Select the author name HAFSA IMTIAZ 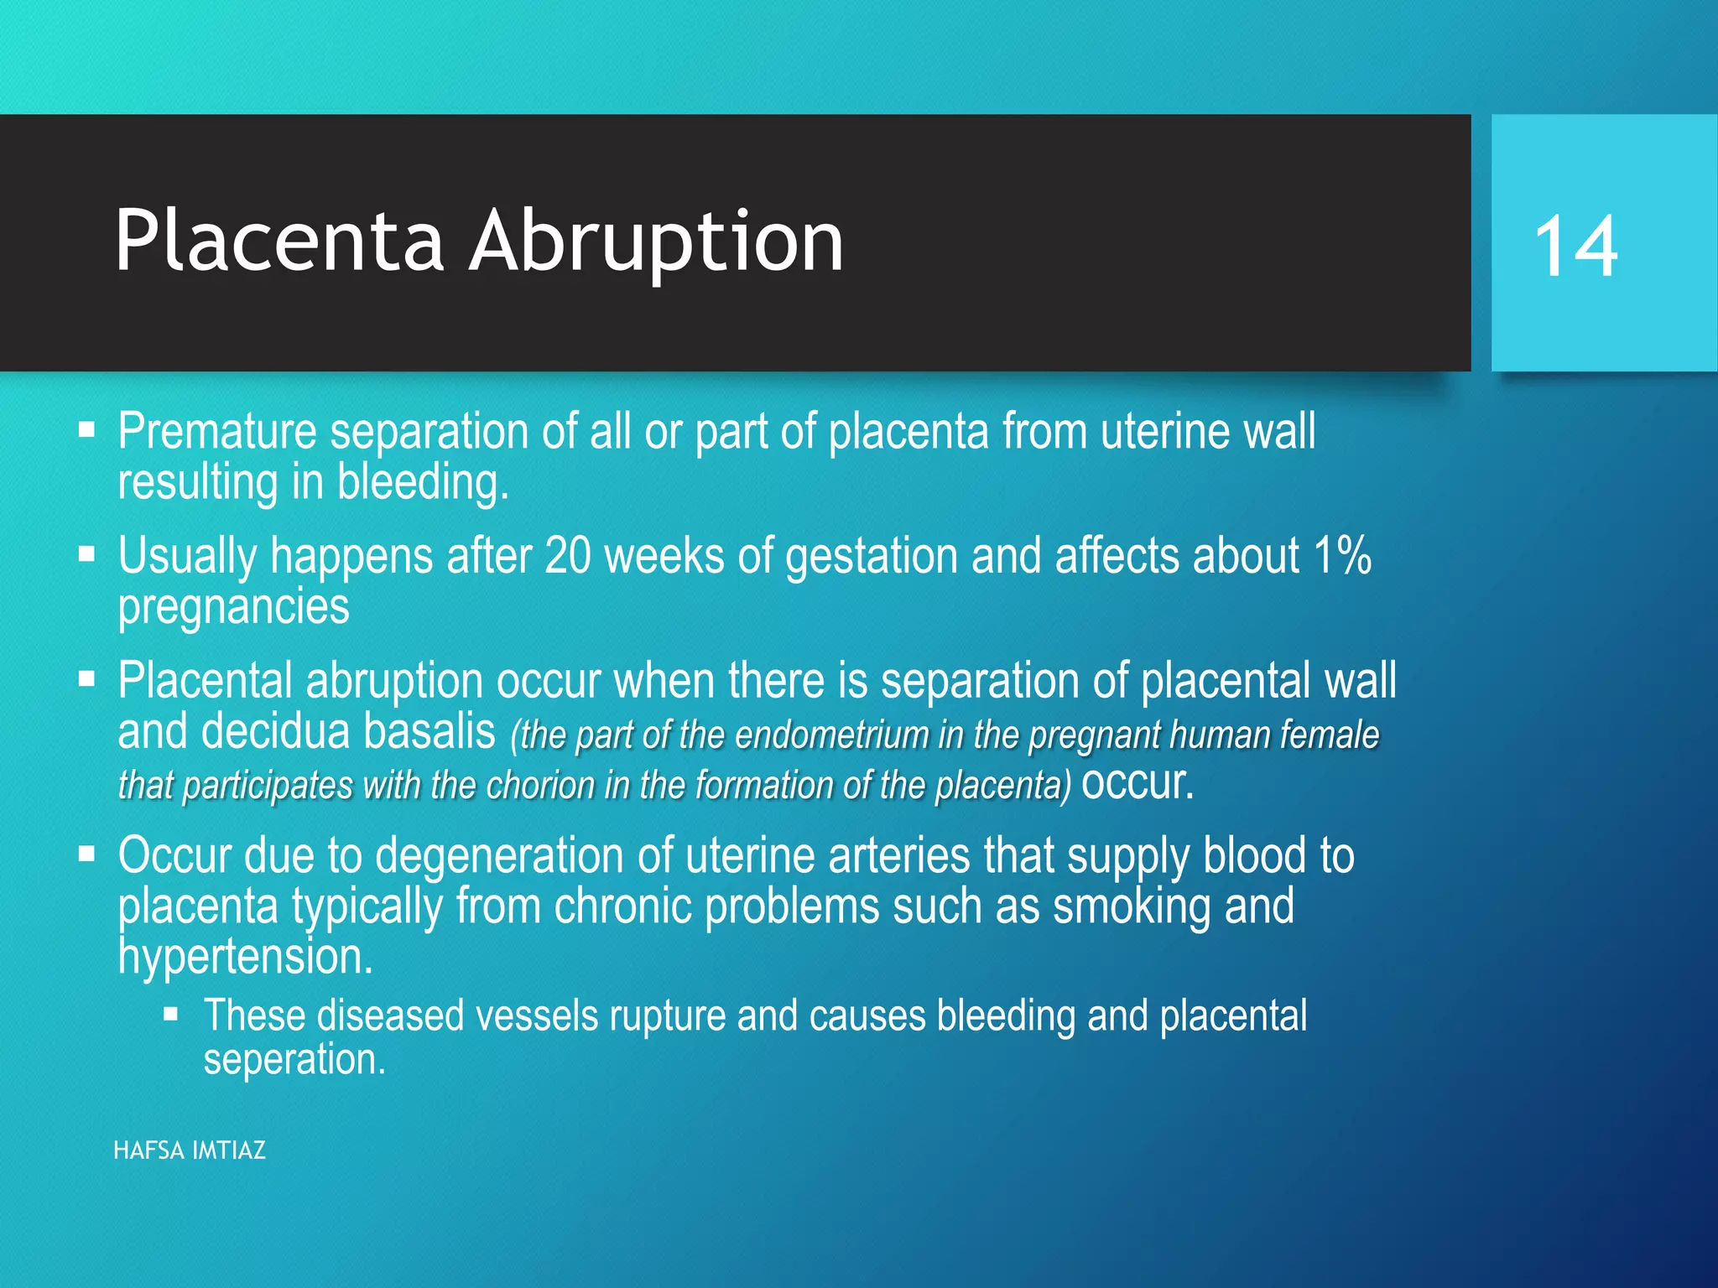tap(190, 1150)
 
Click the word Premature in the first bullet tap(217, 432)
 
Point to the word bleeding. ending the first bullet tap(423, 484)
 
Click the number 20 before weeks tap(568, 556)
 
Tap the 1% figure tap(1342, 556)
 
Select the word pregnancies tap(233, 607)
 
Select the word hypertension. tap(245, 957)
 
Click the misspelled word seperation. tap(294, 1060)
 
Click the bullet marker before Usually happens tap(86, 553)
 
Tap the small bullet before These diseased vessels tap(171, 1015)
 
